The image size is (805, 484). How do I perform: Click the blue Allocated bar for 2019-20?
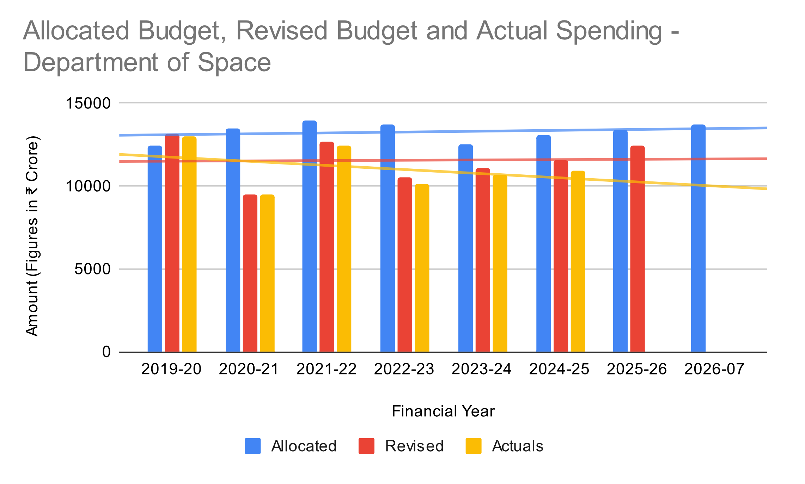tap(155, 249)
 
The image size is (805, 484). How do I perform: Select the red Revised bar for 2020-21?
tap(250, 273)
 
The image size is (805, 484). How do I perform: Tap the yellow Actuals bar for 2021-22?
tap(344, 249)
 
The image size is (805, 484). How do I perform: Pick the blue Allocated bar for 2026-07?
tap(698, 238)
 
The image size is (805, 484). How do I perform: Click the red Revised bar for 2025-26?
tap(638, 249)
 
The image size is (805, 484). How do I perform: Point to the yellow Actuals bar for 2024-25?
tap(578, 261)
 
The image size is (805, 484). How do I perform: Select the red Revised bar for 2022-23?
tap(405, 265)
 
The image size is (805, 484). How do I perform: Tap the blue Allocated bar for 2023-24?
tap(465, 248)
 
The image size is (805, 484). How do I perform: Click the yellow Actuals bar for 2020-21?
tap(267, 273)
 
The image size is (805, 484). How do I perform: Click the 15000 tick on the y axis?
tap(88, 103)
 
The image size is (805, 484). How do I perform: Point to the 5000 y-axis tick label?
tap(92, 269)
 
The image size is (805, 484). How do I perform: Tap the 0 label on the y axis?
tap(106, 352)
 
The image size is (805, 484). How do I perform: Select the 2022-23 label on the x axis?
tap(404, 369)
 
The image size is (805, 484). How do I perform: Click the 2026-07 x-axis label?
tap(714, 369)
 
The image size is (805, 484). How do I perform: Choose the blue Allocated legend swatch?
tap(253, 446)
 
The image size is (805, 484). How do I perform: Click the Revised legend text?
tap(414, 446)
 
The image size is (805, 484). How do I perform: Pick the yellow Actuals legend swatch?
tap(474, 446)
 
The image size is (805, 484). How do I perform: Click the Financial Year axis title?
tap(443, 411)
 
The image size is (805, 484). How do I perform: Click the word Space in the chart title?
tap(234, 62)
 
